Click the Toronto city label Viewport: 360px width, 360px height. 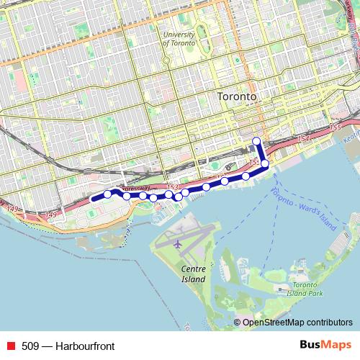click(x=237, y=96)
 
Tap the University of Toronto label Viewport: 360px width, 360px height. click(x=179, y=38)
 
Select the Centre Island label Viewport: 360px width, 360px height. click(x=193, y=274)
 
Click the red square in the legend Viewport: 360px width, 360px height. click(x=10, y=346)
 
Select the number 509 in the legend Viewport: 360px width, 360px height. click(x=30, y=346)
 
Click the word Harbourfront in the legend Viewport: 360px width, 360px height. click(x=87, y=346)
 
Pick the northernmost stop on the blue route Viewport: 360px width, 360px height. click(x=257, y=140)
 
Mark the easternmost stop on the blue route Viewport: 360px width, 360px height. click(x=265, y=163)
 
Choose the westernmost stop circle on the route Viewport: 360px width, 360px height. click(x=108, y=194)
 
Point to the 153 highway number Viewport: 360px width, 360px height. click(x=172, y=186)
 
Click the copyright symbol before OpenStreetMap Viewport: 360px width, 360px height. click(x=238, y=323)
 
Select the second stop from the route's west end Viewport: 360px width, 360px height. click(x=127, y=196)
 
